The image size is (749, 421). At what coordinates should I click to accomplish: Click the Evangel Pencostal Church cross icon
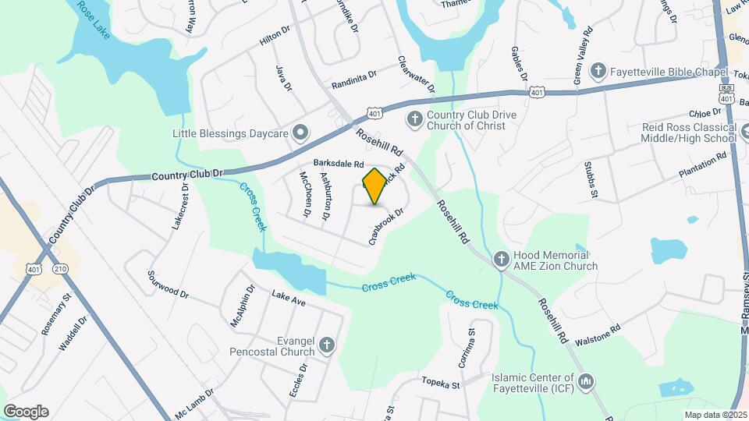(327, 344)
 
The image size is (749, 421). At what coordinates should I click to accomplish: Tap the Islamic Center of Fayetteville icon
(586, 381)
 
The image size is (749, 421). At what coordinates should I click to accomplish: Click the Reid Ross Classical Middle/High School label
(688, 133)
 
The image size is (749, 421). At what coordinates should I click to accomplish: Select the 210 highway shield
(59, 269)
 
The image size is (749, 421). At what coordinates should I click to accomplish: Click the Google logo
(26, 411)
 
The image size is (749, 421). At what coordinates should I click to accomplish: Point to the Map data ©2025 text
(715, 415)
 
